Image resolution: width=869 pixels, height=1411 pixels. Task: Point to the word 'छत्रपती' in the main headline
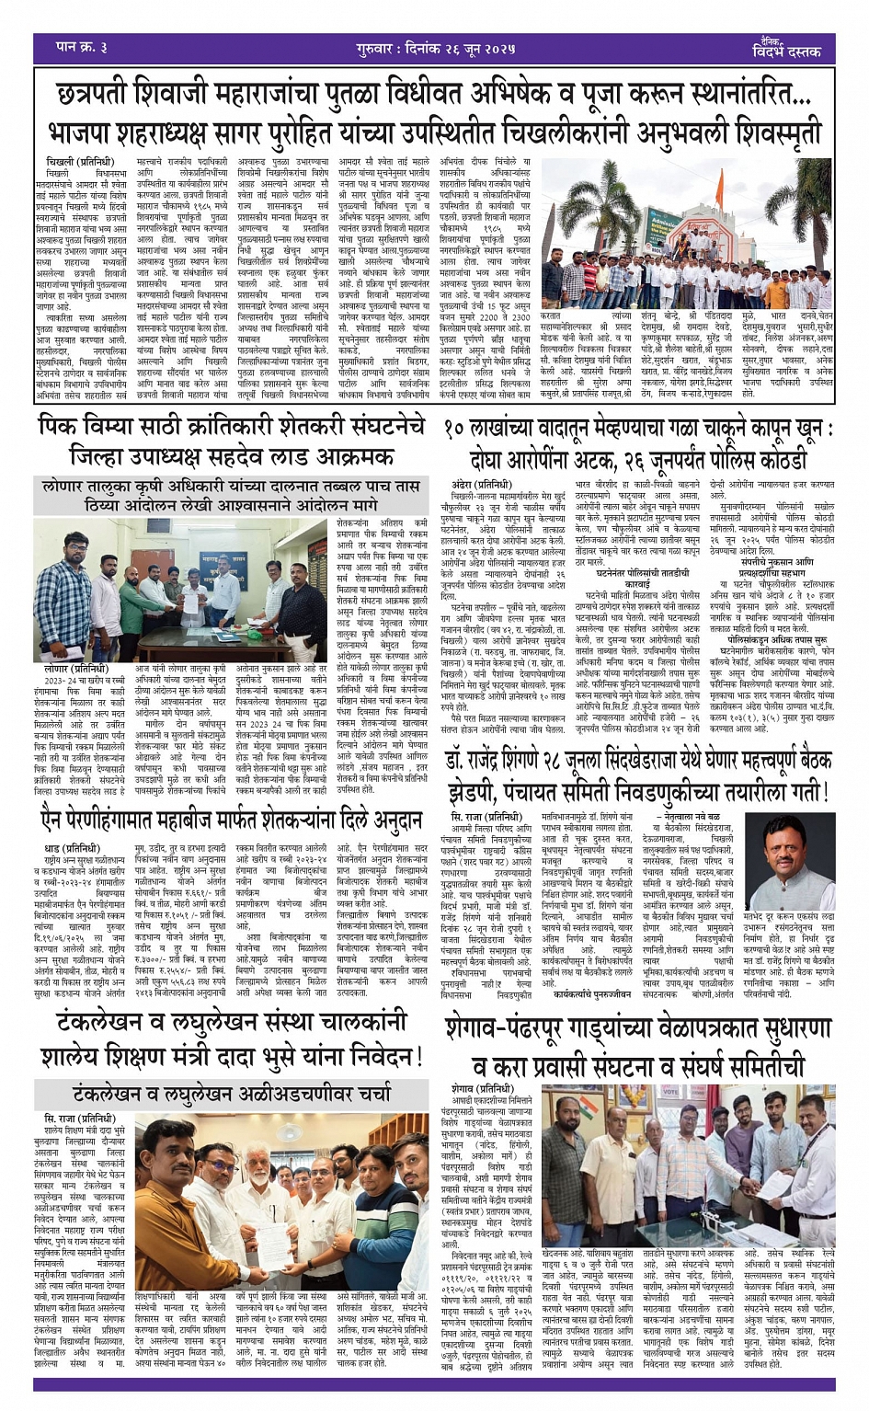pos(107,94)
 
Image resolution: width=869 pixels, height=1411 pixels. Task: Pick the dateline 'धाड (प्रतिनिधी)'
pos(72,847)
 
